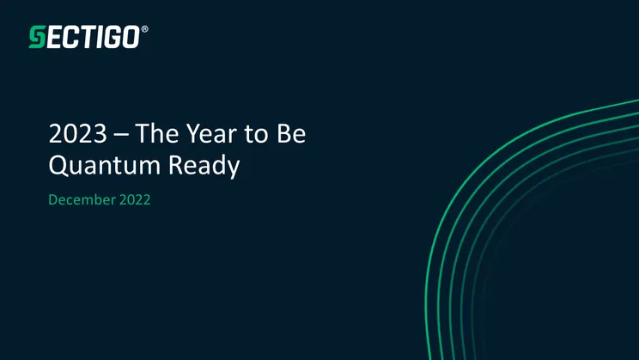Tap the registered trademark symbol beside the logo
click(x=144, y=29)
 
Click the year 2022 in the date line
click(x=136, y=200)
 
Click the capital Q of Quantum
click(x=58, y=166)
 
